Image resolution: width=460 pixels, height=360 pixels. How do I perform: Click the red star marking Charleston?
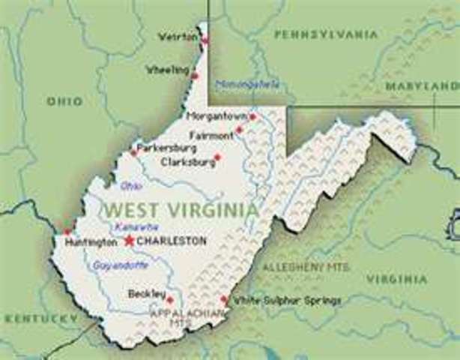pos(129,241)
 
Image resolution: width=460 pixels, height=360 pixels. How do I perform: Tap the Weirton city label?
pos(177,37)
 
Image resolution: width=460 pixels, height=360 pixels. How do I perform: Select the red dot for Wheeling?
pos(195,75)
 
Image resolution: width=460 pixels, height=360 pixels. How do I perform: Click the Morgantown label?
pos(217,117)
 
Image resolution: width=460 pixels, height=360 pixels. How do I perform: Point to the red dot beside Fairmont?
pos(239,130)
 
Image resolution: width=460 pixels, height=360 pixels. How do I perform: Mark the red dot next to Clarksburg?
pos(217,157)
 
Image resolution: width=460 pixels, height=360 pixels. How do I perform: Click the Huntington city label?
pos(91,242)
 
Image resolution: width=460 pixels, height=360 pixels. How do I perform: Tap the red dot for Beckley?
pos(169,300)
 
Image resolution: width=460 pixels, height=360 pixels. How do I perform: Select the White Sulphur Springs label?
pos(287,301)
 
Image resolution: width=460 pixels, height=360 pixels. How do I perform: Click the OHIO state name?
pos(64,101)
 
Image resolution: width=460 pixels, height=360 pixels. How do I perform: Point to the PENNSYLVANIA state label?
pos(326,34)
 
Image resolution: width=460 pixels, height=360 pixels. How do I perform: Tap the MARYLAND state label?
pos(422,86)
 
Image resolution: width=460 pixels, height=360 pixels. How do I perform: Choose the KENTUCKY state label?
pos(41,318)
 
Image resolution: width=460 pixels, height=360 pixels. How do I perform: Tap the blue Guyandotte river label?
pos(119,265)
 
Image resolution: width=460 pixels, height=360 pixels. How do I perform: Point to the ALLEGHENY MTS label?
pos(305,267)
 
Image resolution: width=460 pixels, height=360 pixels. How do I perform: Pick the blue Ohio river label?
pos(131,185)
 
